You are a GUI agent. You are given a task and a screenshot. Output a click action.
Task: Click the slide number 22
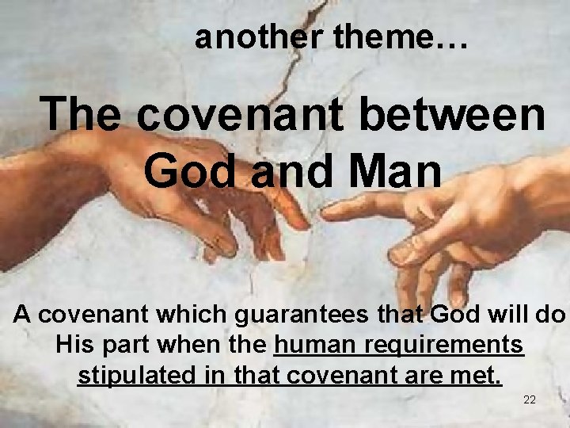530,399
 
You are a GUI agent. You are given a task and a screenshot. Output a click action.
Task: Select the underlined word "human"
312,345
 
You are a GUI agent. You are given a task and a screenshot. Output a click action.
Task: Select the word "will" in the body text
501,315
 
